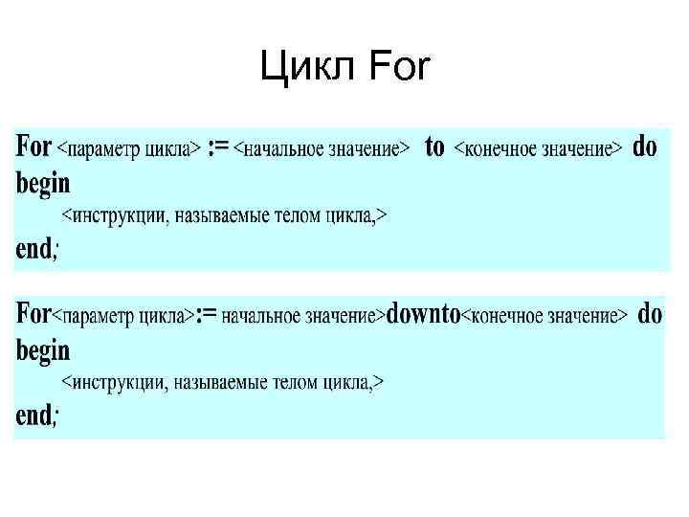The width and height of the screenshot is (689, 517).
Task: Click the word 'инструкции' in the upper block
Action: click(x=120, y=216)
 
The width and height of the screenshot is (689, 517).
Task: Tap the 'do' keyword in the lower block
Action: click(x=650, y=314)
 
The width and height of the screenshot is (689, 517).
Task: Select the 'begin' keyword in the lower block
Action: click(x=43, y=349)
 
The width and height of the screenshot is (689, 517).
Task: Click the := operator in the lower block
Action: click(x=206, y=314)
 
